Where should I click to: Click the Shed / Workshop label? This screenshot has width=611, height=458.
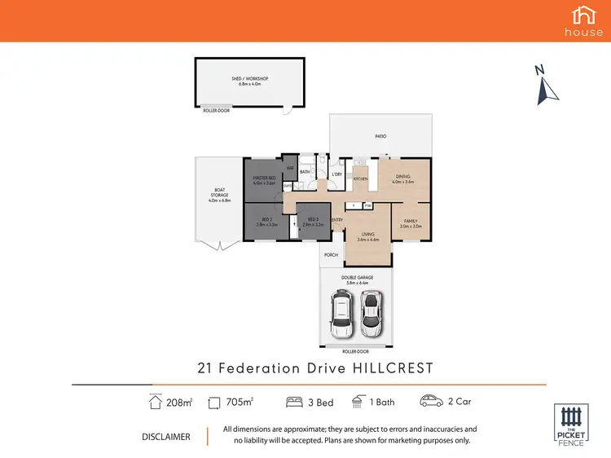click(249, 81)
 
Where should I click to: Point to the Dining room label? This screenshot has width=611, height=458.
click(402, 178)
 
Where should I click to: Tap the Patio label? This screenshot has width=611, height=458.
click(380, 136)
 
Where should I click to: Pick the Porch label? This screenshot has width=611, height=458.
click(331, 254)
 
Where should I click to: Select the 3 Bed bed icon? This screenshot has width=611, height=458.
click(294, 401)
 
